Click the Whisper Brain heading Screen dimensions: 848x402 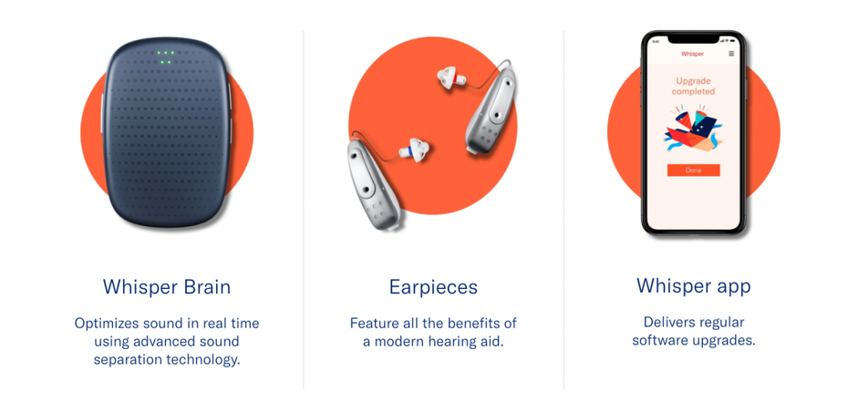click(167, 286)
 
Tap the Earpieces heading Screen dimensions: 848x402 click(433, 287)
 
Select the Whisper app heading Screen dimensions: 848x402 click(693, 286)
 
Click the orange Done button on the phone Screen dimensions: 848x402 click(693, 170)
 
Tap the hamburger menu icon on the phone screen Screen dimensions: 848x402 click(731, 54)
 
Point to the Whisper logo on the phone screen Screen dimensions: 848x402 click(692, 54)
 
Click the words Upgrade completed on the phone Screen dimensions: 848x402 click(693, 87)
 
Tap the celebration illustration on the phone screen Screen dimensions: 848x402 click(693, 129)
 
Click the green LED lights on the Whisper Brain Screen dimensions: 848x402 click(165, 57)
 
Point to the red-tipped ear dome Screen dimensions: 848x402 click(451, 77)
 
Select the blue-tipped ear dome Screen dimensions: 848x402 click(414, 149)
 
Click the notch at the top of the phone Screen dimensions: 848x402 click(693, 40)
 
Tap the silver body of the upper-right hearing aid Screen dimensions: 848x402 click(491, 109)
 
